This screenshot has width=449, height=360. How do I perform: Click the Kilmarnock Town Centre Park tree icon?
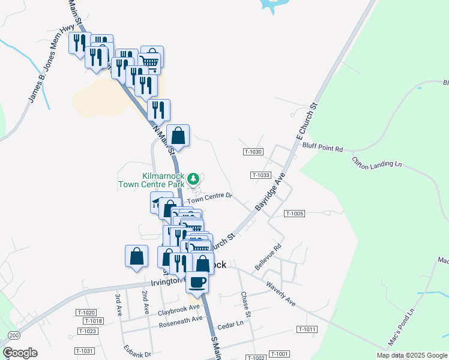point(193,178)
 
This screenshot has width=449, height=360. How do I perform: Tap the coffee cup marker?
point(197,282)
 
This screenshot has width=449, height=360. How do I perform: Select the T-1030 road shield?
point(253,152)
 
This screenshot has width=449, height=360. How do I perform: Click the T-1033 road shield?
point(260,175)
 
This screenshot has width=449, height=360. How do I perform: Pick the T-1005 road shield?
point(295,214)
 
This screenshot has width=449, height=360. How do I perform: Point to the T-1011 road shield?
point(306,329)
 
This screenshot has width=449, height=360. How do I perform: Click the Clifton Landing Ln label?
point(377,163)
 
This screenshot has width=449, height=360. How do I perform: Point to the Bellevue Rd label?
point(268,256)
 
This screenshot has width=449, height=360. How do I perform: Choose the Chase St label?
point(245,305)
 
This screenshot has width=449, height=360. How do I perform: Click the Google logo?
point(20,353)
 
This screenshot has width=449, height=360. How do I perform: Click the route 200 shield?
point(14,335)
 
